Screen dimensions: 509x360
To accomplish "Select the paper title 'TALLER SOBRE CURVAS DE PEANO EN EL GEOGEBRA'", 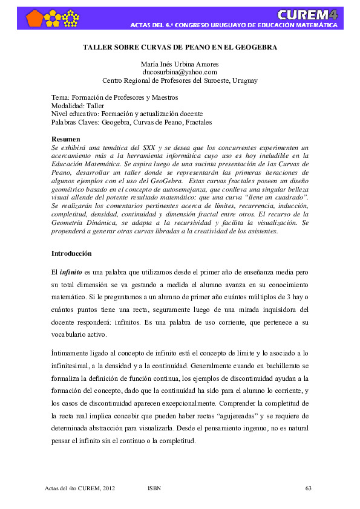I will tap(180, 47).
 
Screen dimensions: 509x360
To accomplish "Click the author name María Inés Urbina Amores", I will tap(180, 63).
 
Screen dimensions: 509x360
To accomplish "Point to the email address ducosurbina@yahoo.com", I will tap(180, 71).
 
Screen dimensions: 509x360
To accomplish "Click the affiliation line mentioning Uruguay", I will tap(180, 80).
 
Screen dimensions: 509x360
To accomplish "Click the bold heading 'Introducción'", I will tap(73, 253).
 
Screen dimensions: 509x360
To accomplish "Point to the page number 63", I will tap(308, 487).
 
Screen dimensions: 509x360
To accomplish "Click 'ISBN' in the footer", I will tap(154, 487).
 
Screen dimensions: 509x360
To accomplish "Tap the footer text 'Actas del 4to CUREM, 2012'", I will tap(80, 487).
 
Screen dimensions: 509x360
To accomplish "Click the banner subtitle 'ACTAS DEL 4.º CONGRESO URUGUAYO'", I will tap(234, 26).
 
